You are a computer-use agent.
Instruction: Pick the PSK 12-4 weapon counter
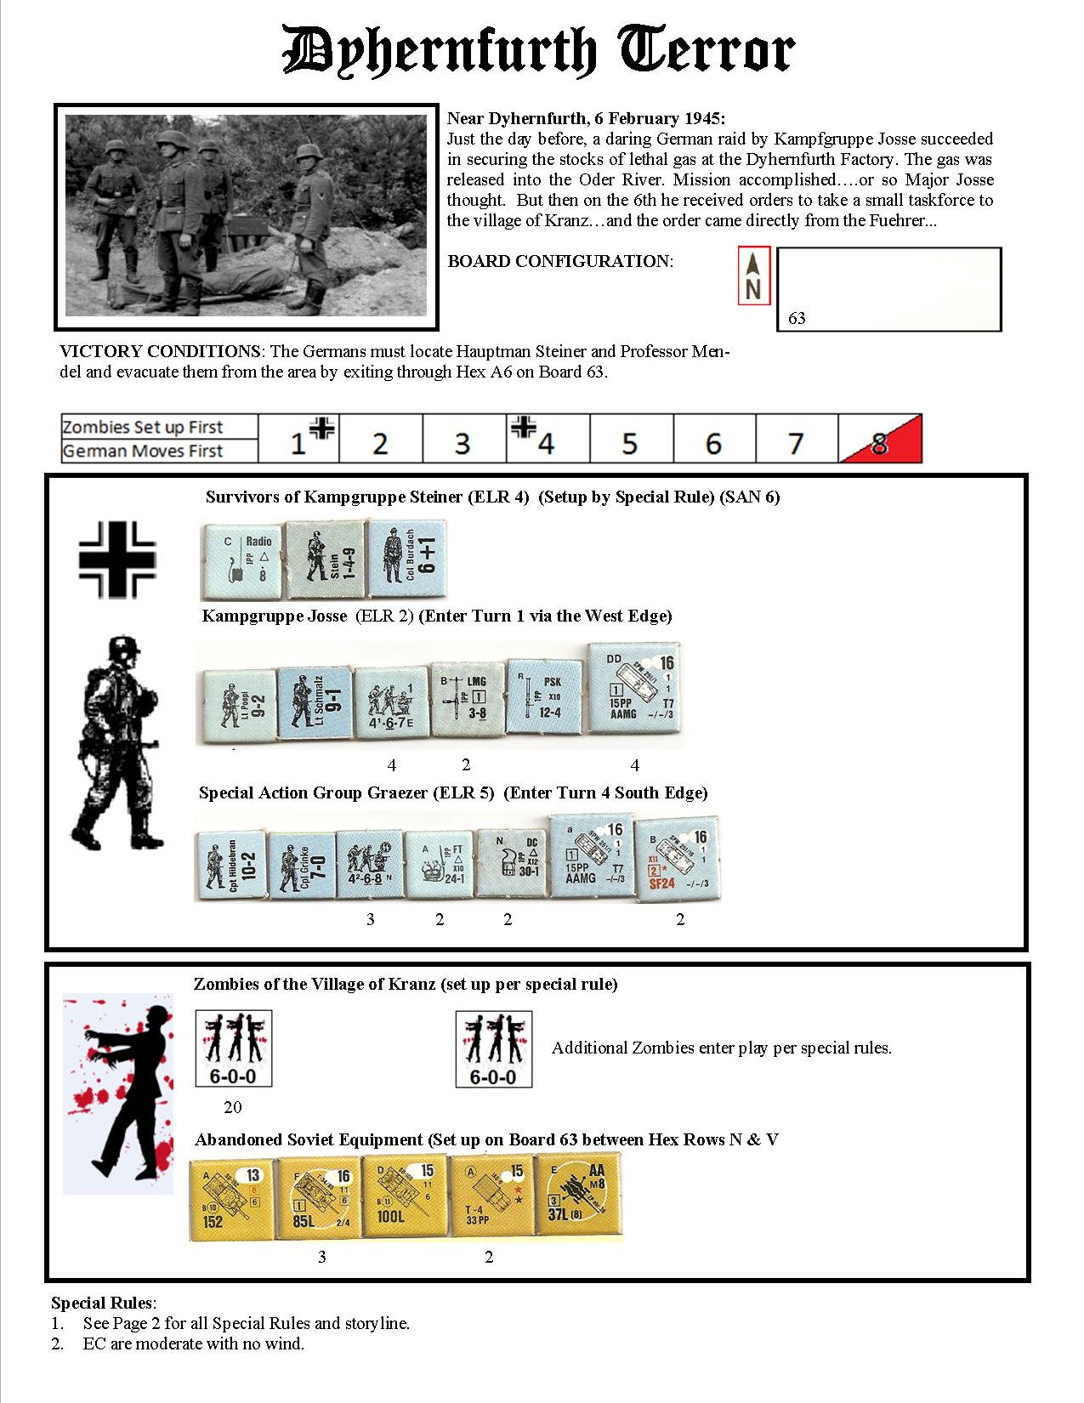point(545,697)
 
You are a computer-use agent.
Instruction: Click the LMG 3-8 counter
point(467,699)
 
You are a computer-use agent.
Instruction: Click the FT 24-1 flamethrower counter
point(439,864)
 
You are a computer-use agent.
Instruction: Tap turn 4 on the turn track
point(547,440)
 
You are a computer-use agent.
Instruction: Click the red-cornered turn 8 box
point(880,440)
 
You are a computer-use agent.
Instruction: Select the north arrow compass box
point(753,275)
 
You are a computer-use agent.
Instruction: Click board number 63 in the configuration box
point(797,319)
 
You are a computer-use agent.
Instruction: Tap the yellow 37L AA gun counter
point(578,1197)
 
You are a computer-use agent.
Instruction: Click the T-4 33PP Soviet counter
point(491,1197)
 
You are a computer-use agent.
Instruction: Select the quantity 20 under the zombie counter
point(232,1107)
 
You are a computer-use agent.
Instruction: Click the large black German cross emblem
point(117,559)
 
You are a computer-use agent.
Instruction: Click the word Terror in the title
point(708,53)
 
